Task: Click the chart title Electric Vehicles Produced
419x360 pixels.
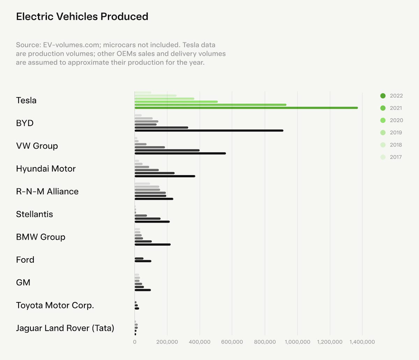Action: coord(82,16)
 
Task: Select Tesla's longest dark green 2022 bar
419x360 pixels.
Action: coord(246,108)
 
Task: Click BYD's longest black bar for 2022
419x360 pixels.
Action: coord(209,130)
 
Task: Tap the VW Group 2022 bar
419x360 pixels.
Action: coord(180,153)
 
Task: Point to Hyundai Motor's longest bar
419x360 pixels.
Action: coord(165,176)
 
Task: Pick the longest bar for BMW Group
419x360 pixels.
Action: coord(153,245)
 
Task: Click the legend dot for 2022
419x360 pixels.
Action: coord(383,96)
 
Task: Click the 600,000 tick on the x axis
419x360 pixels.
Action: coord(232,342)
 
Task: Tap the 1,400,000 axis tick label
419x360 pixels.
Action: coord(362,342)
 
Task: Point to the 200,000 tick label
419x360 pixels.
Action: coord(167,342)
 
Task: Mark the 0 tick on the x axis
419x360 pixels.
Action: coord(135,342)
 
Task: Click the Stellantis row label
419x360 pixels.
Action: coord(35,214)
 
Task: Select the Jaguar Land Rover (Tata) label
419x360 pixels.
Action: coord(65,328)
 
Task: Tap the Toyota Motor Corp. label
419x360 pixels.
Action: coord(55,305)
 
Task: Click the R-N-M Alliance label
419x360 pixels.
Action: coord(47,192)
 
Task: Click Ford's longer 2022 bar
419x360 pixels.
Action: coord(143,261)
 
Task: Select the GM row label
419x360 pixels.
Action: coord(23,283)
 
